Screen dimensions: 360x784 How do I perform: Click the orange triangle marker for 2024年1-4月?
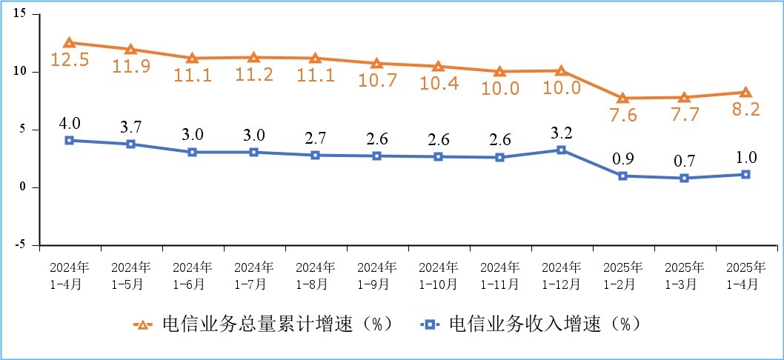(69, 43)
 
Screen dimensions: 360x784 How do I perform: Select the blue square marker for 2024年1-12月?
(561, 150)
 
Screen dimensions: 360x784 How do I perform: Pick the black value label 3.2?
(561, 134)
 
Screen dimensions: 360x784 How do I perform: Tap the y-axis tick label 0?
(25, 187)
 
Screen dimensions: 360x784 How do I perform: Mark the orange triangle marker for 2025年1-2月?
(622, 98)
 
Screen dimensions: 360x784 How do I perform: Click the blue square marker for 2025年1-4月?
(745, 175)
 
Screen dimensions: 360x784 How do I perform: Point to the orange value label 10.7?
(377, 81)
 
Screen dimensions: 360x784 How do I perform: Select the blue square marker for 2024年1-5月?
(130, 144)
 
